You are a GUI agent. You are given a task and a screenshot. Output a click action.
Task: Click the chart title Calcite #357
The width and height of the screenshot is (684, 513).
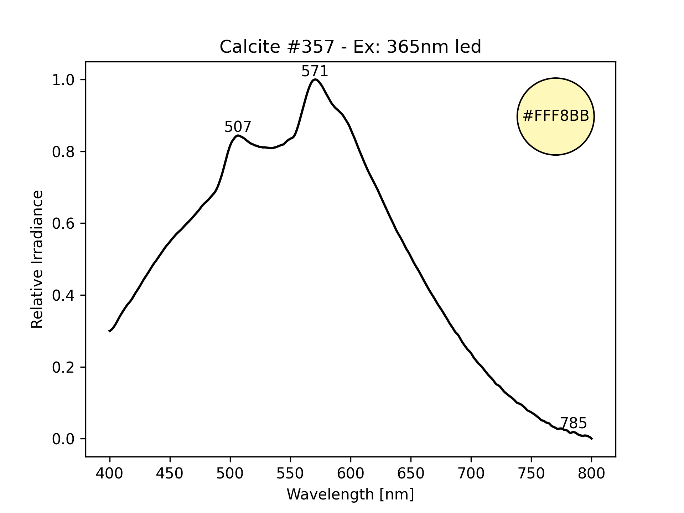(x=350, y=47)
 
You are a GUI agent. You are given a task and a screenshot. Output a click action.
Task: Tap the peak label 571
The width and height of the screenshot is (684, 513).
(x=315, y=72)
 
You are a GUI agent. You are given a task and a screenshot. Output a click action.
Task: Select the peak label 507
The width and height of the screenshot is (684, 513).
(x=238, y=127)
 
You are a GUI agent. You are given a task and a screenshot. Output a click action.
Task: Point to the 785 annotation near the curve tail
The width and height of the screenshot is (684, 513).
(x=573, y=423)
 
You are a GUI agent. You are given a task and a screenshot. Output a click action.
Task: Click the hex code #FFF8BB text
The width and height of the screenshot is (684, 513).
(x=555, y=116)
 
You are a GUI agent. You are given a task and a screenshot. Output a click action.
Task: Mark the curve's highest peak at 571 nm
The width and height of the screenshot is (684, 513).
(x=315, y=79)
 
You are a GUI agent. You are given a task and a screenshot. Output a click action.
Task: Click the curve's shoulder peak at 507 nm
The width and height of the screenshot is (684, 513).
(x=238, y=135)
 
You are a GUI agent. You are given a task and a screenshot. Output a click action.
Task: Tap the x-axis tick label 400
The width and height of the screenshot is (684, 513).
(x=110, y=473)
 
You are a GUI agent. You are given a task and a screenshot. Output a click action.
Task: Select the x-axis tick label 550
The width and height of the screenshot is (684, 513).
(x=290, y=473)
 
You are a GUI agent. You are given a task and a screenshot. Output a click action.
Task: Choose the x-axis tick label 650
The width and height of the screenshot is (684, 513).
(x=411, y=473)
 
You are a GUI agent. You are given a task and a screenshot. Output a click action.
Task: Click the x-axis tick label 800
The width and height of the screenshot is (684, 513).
(x=591, y=473)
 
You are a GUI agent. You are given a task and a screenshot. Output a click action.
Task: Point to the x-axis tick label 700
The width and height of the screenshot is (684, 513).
(x=471, y=473)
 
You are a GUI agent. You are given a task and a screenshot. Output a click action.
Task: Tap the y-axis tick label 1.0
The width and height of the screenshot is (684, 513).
(x=63, y=80)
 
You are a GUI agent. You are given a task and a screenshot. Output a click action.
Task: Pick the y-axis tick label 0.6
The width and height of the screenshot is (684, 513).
(x=63, y=224)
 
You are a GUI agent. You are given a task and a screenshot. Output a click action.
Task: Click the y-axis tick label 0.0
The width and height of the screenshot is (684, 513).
(x=63, y=439)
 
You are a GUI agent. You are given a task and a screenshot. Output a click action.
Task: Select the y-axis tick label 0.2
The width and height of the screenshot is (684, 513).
(x=63, y=367)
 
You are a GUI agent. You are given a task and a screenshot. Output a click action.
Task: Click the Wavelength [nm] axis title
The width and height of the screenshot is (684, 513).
(x=350, y=494)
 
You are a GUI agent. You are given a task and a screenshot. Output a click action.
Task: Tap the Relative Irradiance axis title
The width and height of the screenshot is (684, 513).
(x=37, y=259)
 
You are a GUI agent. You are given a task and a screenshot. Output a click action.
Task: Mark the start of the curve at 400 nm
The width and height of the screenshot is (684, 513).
(x=109, y=331)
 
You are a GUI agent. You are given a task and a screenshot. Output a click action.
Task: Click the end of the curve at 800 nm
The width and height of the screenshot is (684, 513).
(x=591, y=439)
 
